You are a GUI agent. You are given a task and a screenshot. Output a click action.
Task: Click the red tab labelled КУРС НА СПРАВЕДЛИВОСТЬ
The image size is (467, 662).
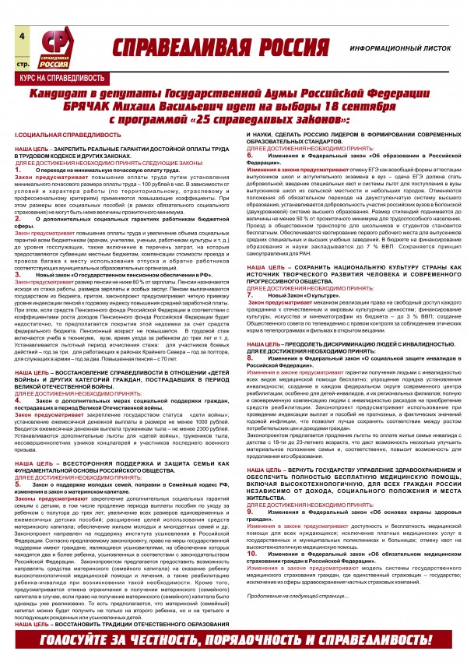(47, 79)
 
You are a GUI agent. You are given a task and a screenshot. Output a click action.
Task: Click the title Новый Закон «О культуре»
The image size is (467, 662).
(302, 297)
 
